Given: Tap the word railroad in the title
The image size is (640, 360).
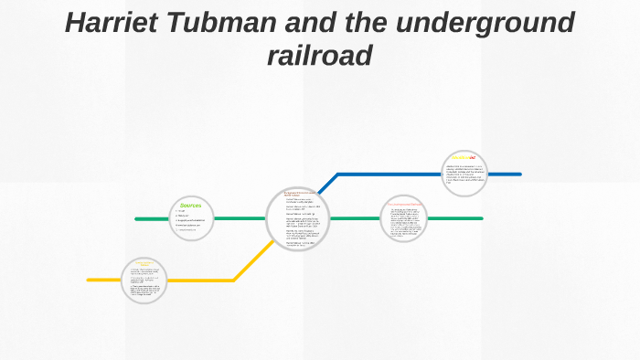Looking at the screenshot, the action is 319,56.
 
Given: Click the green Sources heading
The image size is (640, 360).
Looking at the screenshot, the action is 190,204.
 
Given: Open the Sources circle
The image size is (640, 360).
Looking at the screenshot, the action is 191,219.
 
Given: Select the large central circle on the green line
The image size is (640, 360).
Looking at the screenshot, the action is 298,219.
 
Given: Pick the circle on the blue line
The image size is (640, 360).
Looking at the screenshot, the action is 466,174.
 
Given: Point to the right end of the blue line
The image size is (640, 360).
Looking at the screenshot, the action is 518,174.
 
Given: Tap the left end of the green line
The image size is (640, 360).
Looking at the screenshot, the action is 137,219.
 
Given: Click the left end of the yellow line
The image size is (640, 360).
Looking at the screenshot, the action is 90,280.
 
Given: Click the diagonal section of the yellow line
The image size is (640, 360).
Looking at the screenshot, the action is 253,261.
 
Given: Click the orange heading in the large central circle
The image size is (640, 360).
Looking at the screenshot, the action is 298,193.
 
